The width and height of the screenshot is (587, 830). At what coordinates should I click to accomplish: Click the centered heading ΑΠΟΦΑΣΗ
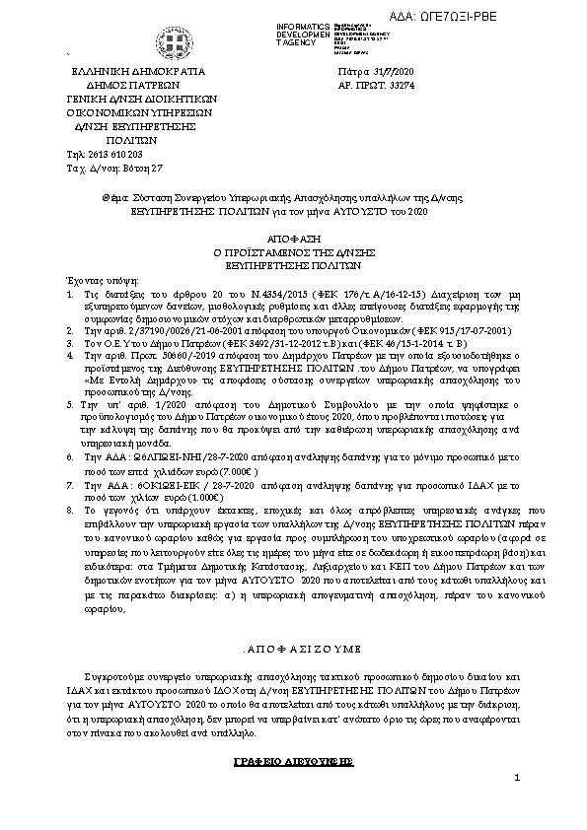[x=294, y=240]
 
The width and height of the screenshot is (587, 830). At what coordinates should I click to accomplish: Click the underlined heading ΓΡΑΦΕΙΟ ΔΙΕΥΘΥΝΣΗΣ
[x=294, y=763]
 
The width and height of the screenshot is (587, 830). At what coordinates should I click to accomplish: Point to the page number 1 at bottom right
[x=516, y=807]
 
